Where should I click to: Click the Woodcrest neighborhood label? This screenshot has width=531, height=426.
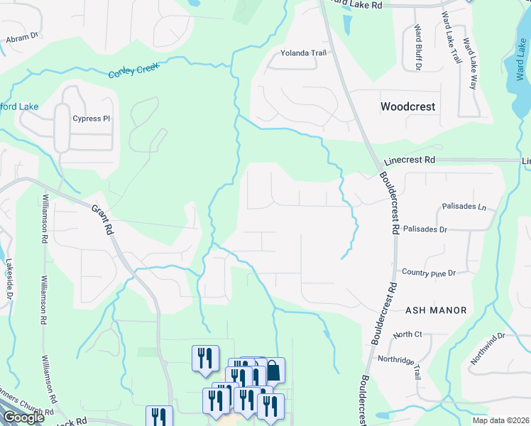tap(407, 107)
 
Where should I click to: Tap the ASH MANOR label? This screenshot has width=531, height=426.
tap(437, 310)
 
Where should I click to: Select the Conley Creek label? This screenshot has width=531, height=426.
tap(136, 70)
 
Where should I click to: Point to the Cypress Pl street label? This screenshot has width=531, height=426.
tap(92, 119)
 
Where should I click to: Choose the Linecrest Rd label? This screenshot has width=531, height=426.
tap(409, 160)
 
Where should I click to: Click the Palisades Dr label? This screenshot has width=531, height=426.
tap(425, 230)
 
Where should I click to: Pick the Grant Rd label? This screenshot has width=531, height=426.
tap(103, 220)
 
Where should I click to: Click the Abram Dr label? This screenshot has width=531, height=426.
tap(21, 38)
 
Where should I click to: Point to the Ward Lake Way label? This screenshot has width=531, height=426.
tap(470, 63)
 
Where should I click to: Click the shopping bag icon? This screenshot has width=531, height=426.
tap(273, 370)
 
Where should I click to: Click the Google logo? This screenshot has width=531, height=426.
tap(23, 417)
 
